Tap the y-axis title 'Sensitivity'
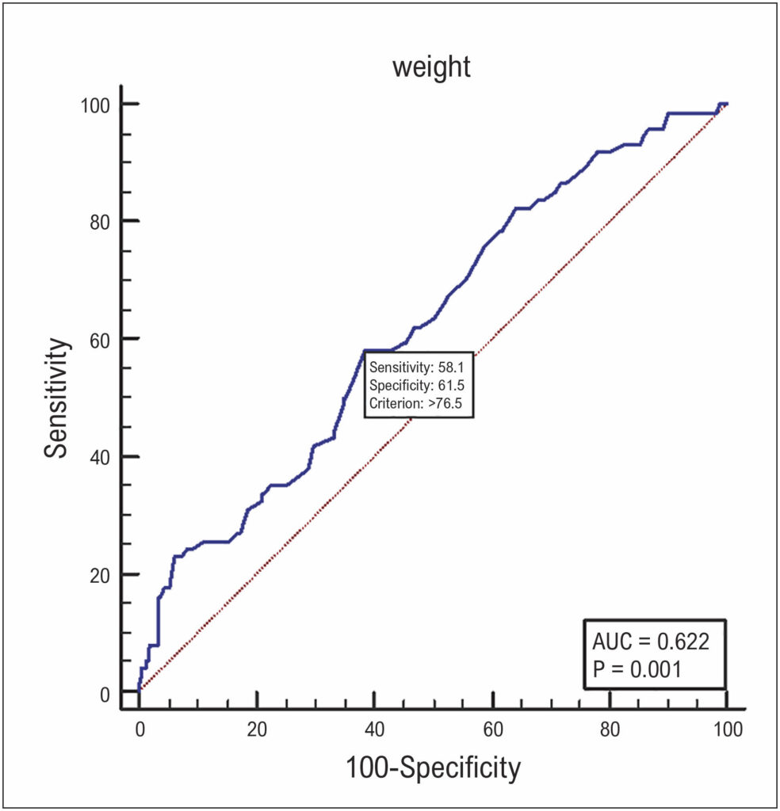pyautogui.click(x=56, y=398)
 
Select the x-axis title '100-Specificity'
pyautogui.click(x=433, y=767)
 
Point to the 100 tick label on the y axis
pyautogui.click(x=95, y=105)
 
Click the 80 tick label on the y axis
pyautogui.click(x=100, y=223)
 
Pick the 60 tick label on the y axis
pyautogui.click(x=100, y=341)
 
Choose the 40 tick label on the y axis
pyautogui.click(x=100, y=458)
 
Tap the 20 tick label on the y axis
pyautogui.click(x=100, y=575)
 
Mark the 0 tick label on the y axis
pyautogui.click(x=105, y=695)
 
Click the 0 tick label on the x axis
pyautogui.click(x=140, y=729)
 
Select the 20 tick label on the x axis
pyautogui.click(x=257, y=729)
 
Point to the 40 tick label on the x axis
pyautogui.click(x=375, y=729)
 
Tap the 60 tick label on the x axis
pyautogui.click(x=493, y=729)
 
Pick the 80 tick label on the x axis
pyautogui.click(x=610, y=729)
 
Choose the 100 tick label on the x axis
pyautogui.click(x=728, y=729)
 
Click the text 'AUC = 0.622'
pyautogui.click(x=651, y=642)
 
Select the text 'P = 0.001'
pyautogui.click(x=637, y=669)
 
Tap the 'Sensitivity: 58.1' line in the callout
pyautogui.click(x=417, y=367)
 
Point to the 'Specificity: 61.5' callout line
pyautogui.click(x=417, y=386)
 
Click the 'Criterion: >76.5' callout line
pyautogui.click(x=415, y=403)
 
